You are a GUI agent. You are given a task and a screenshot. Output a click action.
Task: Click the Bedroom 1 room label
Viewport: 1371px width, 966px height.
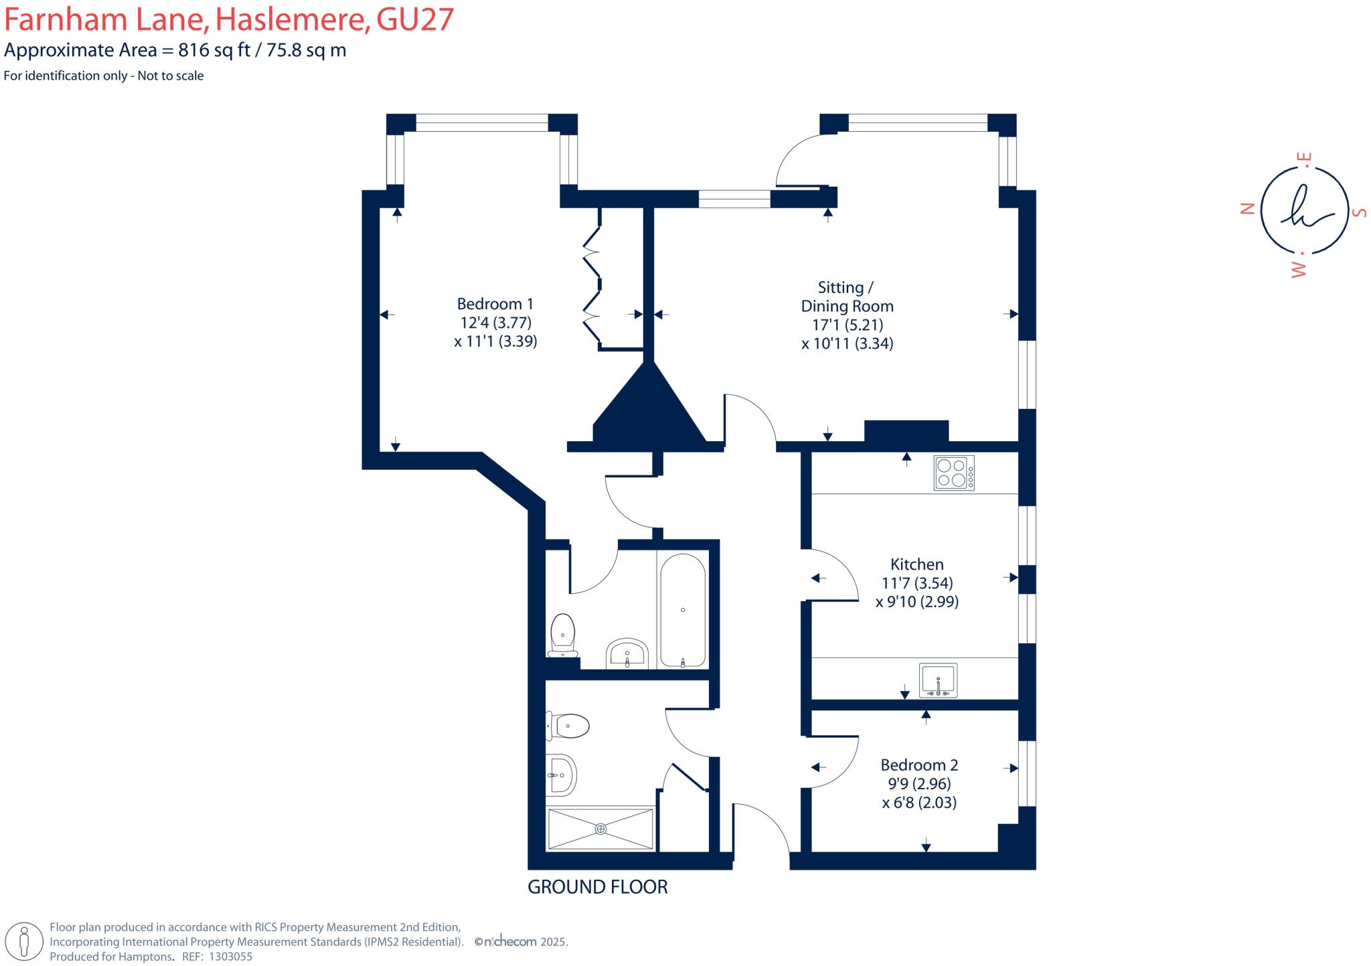(495, 304)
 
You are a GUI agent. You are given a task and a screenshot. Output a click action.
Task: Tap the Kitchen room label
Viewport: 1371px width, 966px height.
(916, 564)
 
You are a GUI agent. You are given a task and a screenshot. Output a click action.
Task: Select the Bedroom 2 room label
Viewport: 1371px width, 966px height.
(918, 764)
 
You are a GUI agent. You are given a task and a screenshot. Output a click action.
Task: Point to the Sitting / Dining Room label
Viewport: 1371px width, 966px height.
(847, 297)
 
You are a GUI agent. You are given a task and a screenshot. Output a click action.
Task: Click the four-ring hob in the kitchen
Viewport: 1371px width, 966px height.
(954, 473)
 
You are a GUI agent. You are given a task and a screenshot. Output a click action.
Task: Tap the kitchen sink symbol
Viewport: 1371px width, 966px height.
(938, 680)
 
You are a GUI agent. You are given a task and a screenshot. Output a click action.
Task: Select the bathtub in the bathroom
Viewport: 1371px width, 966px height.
(682, 610)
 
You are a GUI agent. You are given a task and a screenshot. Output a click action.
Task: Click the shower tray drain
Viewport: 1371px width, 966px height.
(600, 829)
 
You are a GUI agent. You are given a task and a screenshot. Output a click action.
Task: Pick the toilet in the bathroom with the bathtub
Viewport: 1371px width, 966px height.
(563, 635)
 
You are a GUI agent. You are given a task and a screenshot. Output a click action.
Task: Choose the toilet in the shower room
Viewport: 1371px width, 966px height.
(568, 726)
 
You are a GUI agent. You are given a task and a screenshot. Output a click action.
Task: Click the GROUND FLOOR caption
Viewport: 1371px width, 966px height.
(597, 887)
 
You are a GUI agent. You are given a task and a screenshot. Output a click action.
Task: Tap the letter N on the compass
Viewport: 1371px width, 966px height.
(1246, 209)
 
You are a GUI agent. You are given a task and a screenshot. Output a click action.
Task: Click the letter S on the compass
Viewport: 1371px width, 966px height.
(1358, 212)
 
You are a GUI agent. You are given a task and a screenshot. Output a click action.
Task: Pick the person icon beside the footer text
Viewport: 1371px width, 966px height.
(25, 941)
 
